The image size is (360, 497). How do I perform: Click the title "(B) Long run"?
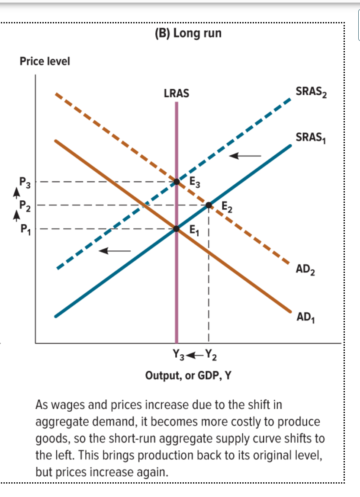188,33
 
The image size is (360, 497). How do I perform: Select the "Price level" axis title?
45,61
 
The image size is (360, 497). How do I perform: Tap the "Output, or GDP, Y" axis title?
188,375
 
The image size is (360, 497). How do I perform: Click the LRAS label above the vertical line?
177,93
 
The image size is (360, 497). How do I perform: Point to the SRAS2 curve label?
310,92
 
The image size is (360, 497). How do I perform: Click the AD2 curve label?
305,270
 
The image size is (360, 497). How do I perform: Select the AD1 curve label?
305,317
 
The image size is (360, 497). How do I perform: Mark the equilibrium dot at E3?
177,181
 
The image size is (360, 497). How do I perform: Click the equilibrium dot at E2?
209,205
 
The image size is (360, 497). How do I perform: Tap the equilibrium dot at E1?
177,229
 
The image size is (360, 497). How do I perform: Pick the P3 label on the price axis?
25,181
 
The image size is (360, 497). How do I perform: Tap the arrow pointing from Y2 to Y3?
195,355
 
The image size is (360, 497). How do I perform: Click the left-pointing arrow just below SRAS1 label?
245,156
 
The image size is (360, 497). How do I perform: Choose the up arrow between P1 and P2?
18,215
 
